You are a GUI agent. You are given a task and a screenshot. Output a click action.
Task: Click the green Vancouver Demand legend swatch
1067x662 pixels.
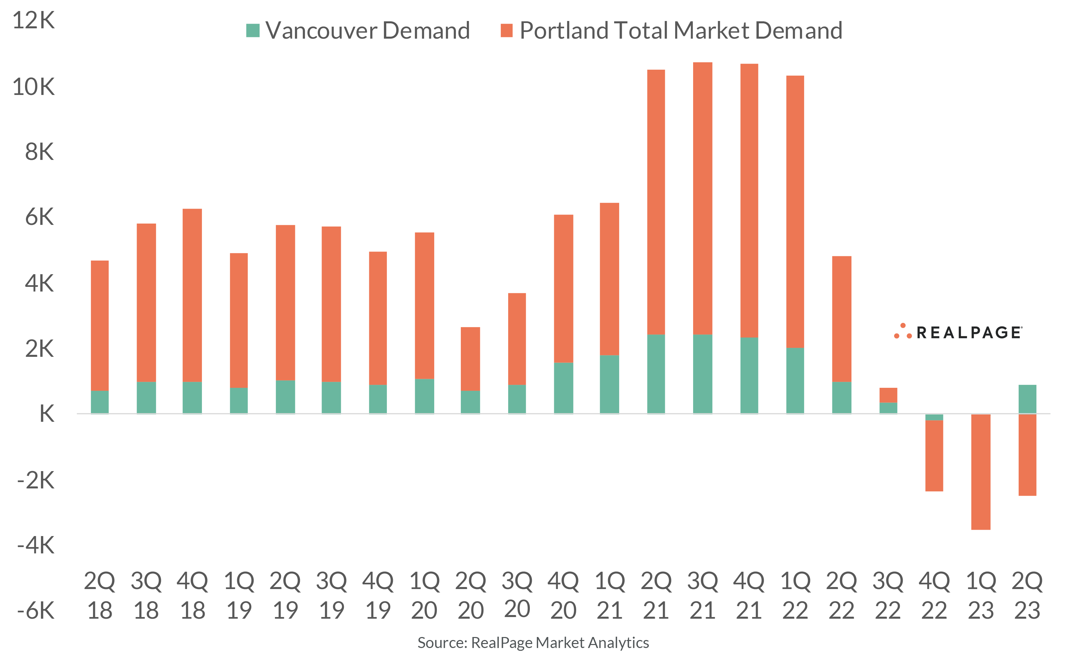253,31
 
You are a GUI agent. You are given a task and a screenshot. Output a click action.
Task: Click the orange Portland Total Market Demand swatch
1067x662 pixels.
507,31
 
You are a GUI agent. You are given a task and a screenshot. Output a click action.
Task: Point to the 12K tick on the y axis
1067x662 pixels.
34,21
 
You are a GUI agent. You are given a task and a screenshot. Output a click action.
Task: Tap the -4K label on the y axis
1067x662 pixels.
36,545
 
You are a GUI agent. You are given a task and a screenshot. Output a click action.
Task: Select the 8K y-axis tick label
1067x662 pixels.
39,152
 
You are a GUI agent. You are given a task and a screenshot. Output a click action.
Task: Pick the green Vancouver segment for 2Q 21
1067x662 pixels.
656,373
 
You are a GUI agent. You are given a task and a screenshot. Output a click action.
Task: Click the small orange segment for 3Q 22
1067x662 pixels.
888,395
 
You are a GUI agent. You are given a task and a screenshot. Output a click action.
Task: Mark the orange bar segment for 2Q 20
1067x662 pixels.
470,358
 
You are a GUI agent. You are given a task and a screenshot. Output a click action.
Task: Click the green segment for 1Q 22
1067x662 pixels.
795,380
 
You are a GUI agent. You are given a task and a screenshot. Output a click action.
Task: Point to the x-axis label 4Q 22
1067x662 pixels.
934,595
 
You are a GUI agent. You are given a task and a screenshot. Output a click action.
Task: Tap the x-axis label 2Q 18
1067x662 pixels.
100,595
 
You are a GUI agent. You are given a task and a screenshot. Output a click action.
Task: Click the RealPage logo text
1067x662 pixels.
969,333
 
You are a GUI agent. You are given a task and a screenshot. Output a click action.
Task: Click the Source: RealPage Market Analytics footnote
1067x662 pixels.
533,643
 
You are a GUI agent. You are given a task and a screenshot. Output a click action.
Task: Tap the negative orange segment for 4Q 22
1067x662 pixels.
934,455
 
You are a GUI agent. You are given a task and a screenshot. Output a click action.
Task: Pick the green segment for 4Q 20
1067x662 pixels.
563,387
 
